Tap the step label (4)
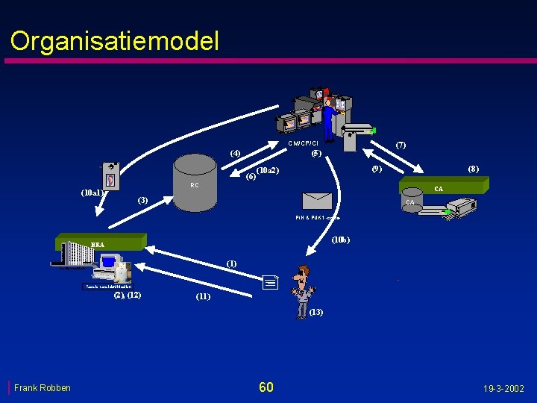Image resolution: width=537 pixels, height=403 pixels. pyautogui.click(x=235, y=153)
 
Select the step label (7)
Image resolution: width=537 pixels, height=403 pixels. pyautogui.click(x=401, y=144)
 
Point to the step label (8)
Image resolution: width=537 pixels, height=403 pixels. pyautogui.click(x=473, y=169)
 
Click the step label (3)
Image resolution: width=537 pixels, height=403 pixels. pyautogui.click(x=142, y=201)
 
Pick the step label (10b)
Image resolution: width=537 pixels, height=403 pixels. pyautogui.click(x=341, y=240)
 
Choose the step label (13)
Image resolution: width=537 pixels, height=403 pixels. pyautogui.click(x=315, y=312)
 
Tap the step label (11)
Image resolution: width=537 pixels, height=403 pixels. pyautogui.click(x=203, y=296)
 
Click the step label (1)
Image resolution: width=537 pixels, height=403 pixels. pyautogui.click(x=232, y=263)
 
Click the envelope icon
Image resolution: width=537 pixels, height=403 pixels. pyautogui.click(x=317, y=200)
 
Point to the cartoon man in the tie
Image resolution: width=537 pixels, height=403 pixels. pyautogui.click(x=302, y=290)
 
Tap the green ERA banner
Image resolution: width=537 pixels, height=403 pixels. pyautogui.click(x=101, y=242)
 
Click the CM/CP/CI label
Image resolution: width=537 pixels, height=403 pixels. pyautogui.click(x=303, y=143)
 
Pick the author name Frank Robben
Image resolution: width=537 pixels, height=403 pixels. pyautogui.click(x=43, y=387)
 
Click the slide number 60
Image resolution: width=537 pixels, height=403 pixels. pyautogui.click(x=266, y=387)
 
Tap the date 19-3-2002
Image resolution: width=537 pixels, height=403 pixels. pyautogui.click(x=503, y=388)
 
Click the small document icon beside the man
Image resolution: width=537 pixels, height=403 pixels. pyautogui.click(x=270, y=282)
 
